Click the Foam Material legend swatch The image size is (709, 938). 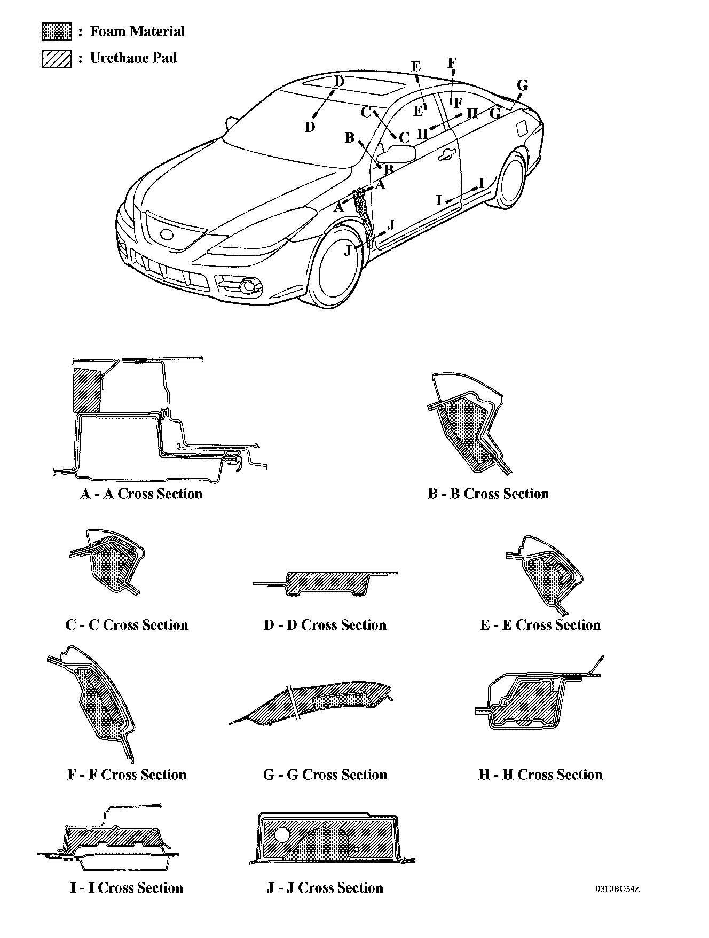(57, 32)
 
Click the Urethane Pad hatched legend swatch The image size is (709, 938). (57, 58)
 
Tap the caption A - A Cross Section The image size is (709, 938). (141, 494)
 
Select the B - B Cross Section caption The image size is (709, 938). (488, 494)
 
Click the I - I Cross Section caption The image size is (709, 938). (127, 888)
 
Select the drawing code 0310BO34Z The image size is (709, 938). (618, 889)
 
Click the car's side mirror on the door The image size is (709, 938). (398, 154)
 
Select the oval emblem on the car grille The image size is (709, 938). (167, 234)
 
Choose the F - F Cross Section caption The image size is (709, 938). (127, 775)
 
